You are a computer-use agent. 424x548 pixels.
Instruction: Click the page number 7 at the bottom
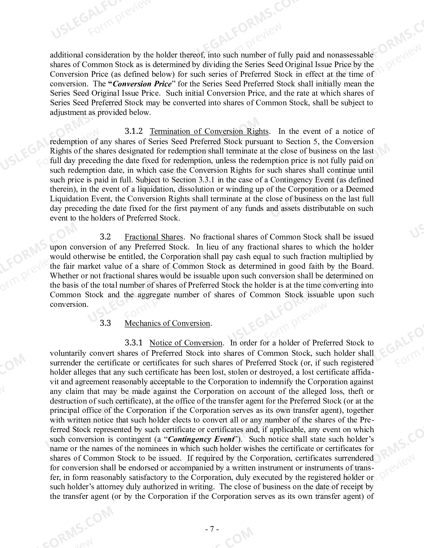[212, 529]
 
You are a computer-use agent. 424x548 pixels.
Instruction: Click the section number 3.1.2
[134, 131]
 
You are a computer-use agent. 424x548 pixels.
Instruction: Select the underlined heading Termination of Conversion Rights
[209, 132]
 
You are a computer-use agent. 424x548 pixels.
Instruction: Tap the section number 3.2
[105, 237]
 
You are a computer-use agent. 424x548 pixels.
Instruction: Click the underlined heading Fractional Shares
[154, 237]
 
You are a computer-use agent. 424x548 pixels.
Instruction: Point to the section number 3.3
[105, 323]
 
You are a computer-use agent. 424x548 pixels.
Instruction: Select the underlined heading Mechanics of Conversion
[168, 323]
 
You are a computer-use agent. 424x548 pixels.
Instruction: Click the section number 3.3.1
[134, 342]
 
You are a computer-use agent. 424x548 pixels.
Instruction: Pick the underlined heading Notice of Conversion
[186, 343]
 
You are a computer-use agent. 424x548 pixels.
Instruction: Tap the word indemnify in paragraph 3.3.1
[278, 382]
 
